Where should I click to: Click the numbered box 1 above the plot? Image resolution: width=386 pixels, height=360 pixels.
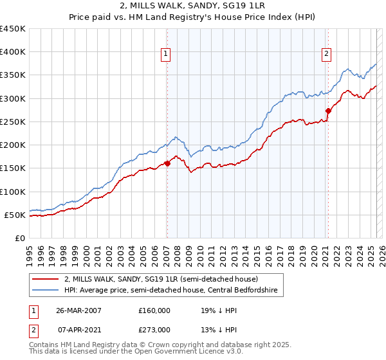(x=167, y=54)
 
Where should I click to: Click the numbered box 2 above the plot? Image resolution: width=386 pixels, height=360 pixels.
(x=327, y=54)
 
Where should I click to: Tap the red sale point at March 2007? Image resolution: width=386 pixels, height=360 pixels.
(x=167, y=163)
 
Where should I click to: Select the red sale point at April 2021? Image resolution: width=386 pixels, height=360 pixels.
(x=327, y=111)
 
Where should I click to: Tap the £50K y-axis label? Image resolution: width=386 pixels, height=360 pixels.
(x=15, y=215)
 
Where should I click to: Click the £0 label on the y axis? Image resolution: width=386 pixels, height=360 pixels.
(x=20, y=238)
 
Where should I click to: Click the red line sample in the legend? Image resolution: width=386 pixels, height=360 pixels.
(x=45, y=280)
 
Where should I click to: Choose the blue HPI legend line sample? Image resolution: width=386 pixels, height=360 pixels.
(x=45, y=291)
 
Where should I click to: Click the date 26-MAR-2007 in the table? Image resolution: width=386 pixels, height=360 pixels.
(x=78, y=310)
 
